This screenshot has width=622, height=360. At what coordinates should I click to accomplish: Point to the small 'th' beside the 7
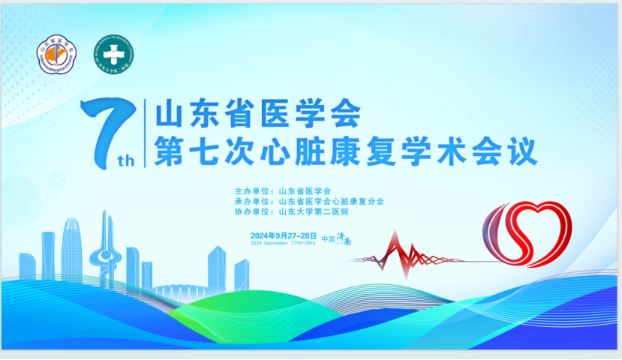126,160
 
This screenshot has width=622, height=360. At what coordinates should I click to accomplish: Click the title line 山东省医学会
257,113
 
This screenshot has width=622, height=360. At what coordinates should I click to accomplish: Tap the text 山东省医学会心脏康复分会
331,201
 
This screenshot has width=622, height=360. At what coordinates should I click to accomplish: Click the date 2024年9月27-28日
284,235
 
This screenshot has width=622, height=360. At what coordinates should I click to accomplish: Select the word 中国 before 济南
328,238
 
